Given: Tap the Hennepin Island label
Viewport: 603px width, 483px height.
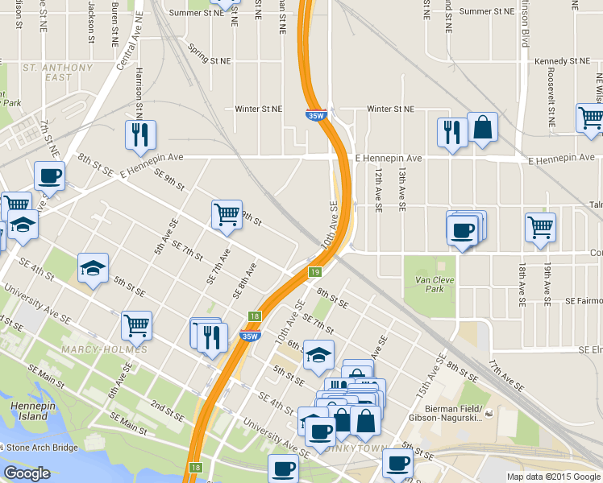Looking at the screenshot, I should [x=30, y=411].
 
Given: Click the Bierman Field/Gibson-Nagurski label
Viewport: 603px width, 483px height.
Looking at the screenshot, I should [x=453, y=413].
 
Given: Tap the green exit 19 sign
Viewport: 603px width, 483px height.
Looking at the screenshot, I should [x=315, y=272].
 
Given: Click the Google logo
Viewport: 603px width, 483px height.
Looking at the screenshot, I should [x=27, y=473].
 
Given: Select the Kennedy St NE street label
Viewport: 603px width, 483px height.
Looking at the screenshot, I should [x=562, y=61].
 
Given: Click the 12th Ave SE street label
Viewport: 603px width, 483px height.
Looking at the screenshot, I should [x=377, y=192].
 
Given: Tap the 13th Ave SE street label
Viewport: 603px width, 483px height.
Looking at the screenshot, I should [x=401, y=192].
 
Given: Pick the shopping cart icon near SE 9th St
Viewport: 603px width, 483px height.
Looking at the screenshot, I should [x=227, y=214].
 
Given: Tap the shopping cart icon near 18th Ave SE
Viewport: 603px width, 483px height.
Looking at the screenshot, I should [x=539, y=226].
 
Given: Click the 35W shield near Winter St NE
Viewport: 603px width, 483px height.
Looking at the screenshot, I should [x=316, y=115].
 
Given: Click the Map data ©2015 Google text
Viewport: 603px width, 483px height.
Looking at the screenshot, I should [x=553, y=476].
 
